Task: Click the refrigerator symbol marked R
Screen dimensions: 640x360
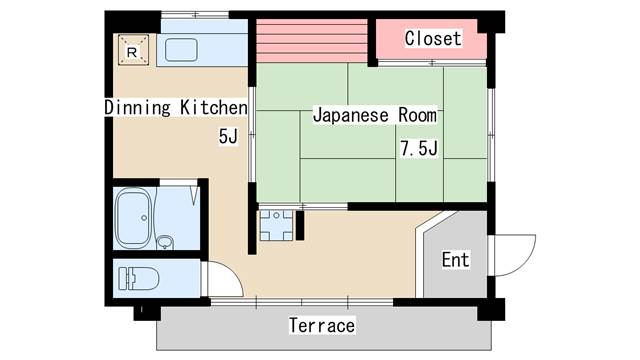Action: click(x=133, y=50)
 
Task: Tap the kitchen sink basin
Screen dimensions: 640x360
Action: click(x=181, y=50)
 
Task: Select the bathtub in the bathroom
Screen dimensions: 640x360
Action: click(x=132, y=218)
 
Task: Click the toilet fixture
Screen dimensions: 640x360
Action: click(x=138, y=278)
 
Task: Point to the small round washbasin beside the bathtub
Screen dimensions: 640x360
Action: click(x=165, y=242)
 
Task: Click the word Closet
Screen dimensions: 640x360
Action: click(x=433, y=38)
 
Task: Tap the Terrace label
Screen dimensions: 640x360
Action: click(x=322, y=325)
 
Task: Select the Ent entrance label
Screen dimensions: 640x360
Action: click(x=456, y=260)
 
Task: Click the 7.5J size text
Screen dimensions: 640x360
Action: click(x=419, y=148)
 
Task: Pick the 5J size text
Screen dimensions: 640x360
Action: click(x=228, y=136)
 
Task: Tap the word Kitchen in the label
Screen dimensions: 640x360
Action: click(x=214, y=107)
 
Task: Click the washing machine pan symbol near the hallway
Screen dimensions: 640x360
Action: click(x=277, y=225)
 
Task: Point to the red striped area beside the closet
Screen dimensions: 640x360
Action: click(x=312, y=41)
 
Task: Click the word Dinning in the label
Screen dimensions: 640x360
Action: click(x=137, y=107)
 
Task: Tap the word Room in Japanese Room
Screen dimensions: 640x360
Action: click(x=417, y=115)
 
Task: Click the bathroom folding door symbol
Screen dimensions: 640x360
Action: click(x=194, y=195)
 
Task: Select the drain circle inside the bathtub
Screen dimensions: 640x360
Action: click(x=144, y=218)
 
